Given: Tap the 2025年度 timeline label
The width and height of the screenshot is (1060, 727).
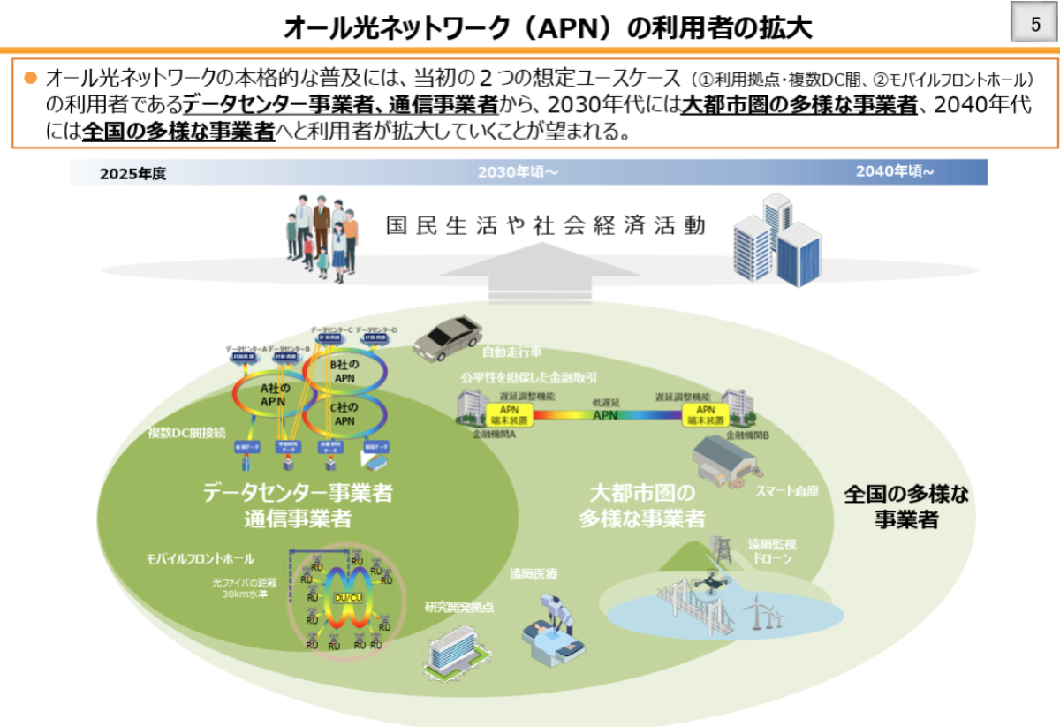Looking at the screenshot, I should coord(132,174).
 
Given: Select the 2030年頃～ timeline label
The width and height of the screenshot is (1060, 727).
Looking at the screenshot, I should coord(518,171).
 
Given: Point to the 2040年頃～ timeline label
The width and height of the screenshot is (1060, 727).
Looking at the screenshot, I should coord(894,171).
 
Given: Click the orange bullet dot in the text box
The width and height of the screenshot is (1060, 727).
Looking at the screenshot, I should coord(30,77).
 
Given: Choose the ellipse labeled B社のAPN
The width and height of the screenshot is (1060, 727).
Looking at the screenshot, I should coord(344,371).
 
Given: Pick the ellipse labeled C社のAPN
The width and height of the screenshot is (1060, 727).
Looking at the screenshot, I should coord(344,414).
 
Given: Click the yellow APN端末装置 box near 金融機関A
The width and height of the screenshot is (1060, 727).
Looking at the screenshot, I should coord(510,414).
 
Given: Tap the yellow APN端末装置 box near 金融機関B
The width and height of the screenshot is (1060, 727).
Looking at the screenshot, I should coord(706,414).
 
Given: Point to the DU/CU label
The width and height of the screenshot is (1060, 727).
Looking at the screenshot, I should coord(348,598).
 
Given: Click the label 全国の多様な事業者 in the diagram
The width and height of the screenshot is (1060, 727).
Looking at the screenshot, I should coord(905,506).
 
